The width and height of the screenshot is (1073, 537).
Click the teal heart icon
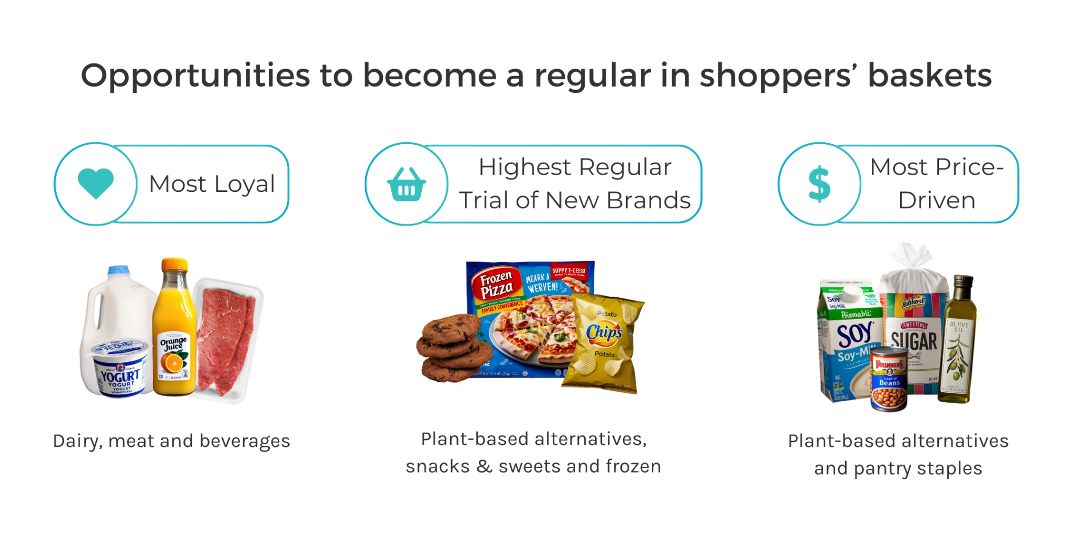coord(95,183)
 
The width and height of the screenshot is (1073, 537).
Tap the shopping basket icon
coord(406,185)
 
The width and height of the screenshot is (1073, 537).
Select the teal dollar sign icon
coord(819,184)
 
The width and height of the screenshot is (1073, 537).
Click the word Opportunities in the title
coord(195,76)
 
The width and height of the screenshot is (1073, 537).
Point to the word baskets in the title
coord(929,76)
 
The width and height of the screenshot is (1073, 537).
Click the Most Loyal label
coord(212,184)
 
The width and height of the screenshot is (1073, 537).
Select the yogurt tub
coord(120,368)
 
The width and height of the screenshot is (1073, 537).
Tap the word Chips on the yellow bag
coord(604,332)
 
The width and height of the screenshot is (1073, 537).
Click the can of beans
coord(889,379)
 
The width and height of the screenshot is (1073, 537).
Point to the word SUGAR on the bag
coord(914,341)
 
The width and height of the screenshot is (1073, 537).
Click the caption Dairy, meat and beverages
coord(171,441)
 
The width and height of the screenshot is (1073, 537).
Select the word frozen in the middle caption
coord(633,466)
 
